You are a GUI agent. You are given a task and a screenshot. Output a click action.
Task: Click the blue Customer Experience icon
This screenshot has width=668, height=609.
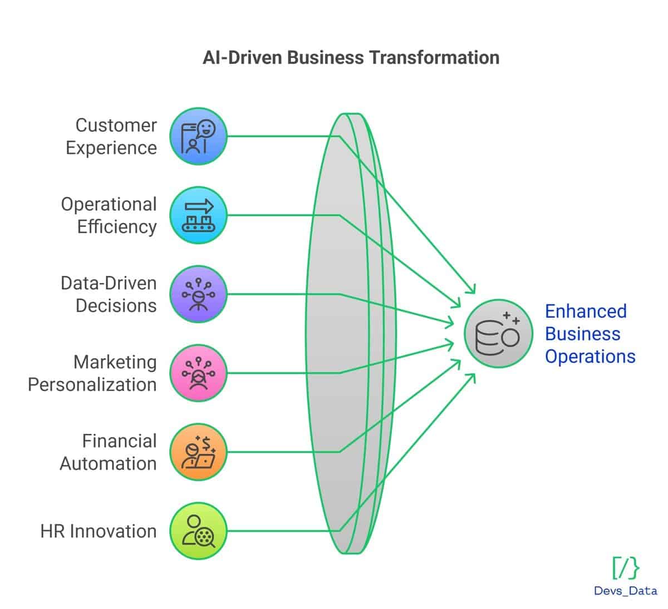[198, 136]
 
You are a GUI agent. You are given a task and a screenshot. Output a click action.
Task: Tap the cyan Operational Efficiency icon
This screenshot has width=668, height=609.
[198, 215]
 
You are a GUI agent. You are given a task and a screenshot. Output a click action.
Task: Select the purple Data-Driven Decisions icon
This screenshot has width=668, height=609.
[198, 294]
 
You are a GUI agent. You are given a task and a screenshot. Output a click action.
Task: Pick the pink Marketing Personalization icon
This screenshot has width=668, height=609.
[198, 373]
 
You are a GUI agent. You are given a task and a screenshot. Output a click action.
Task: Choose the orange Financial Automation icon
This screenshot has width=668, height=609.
[198, 452]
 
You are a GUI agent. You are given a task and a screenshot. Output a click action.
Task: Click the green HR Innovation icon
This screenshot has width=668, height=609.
[198, 531]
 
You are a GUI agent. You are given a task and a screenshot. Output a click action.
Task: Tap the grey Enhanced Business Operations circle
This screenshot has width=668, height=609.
[498, 333]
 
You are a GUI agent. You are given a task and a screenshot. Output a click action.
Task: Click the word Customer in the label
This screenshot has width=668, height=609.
[116, 125]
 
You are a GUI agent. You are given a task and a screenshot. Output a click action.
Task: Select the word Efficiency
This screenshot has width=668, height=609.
[117, 227]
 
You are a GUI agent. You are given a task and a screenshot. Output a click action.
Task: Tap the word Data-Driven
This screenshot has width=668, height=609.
[109, 283]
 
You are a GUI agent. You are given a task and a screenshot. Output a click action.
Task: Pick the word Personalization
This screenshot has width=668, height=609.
[92, 384]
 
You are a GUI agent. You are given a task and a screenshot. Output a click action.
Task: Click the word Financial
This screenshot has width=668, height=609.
[119, 441]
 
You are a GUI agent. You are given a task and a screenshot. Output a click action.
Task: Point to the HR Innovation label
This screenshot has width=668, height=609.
[98, 531]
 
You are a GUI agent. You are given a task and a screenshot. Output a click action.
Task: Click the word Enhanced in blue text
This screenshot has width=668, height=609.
[586, 311]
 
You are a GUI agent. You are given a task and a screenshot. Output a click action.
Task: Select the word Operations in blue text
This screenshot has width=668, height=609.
[590, 357]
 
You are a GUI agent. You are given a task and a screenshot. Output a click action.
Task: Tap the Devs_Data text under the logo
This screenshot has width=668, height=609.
[625, 591]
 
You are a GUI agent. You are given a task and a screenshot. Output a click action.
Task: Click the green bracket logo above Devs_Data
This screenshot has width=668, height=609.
[626, 568]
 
